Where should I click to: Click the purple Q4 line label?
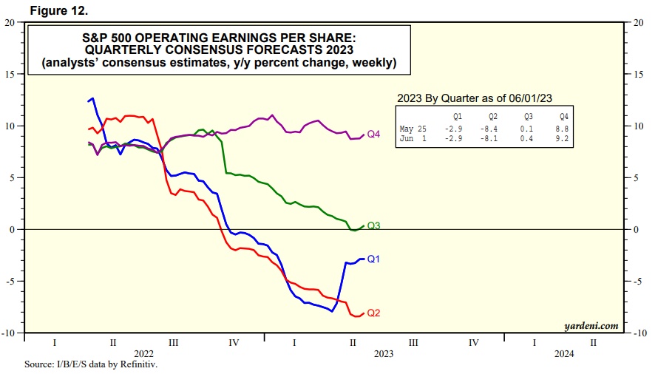(373, 135)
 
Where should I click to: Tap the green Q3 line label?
(373, 225)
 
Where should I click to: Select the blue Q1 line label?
(373, 259)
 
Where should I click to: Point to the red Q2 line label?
(373, 313)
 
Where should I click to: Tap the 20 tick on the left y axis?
(10, 21)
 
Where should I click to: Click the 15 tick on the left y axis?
(10, 74)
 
